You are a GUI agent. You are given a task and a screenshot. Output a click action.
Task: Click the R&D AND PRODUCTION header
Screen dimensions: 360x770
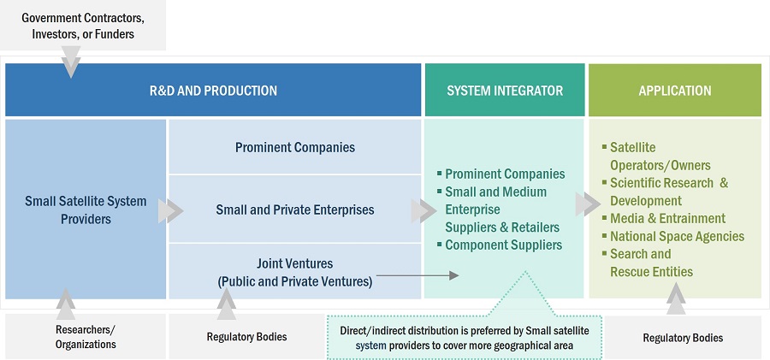(x=213, y=91)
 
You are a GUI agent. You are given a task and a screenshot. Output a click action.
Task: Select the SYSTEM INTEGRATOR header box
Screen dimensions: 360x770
(x=505, y=91)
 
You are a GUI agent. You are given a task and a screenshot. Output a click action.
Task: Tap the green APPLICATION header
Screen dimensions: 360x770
(x=674, y=91)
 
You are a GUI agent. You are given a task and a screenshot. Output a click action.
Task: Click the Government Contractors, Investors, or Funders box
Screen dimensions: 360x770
(x=83, y=26)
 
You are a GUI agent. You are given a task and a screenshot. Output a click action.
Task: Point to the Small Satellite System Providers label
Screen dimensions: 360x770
(x=86, y=210)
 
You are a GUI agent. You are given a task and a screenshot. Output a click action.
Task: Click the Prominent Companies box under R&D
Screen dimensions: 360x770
(x=295, y=147)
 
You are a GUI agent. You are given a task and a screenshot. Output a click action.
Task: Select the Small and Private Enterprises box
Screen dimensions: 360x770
(x=295, y=210)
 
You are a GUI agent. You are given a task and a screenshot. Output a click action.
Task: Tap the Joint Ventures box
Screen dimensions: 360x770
(x=295, y=272)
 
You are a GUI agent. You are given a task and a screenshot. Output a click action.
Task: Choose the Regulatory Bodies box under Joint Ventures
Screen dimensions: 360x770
(x=247, y=337)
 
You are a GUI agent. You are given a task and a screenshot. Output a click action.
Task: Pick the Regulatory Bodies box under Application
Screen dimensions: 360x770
(x=683, y=338)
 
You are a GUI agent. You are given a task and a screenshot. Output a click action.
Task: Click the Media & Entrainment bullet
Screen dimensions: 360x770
(x=667, y=218)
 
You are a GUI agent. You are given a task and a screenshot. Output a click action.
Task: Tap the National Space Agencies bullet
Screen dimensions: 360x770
(x=676, y=236)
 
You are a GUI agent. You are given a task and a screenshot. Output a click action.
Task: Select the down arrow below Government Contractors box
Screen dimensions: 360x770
(x=71, y=62)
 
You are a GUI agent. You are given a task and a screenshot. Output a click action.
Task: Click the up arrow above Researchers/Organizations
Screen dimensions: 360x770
(x=64, y=301)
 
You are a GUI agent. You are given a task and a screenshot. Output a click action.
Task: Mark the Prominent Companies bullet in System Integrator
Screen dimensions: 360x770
(x=505, y=174)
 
